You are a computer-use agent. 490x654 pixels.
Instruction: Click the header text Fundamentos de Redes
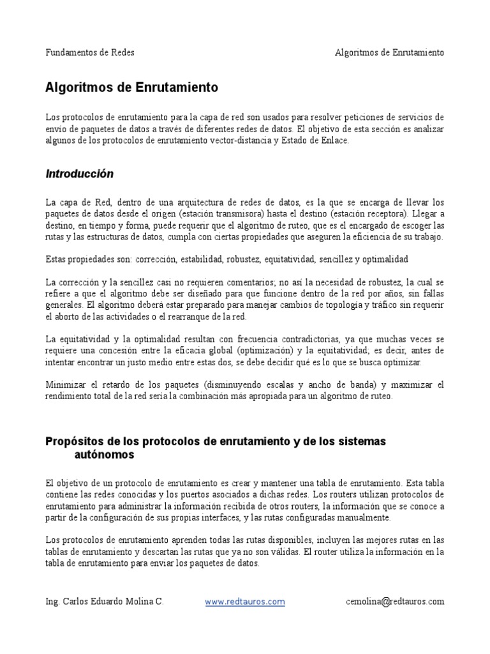click(x=90, y=52)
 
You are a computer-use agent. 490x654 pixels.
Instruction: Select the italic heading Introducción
click(x=79, y=174)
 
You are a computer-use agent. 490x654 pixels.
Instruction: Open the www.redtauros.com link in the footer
click(x=245, y=601)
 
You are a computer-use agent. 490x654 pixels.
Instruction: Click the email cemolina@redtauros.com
click(x=394, y=601)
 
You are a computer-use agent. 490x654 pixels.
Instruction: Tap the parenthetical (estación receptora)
click(x=369, y=214)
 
